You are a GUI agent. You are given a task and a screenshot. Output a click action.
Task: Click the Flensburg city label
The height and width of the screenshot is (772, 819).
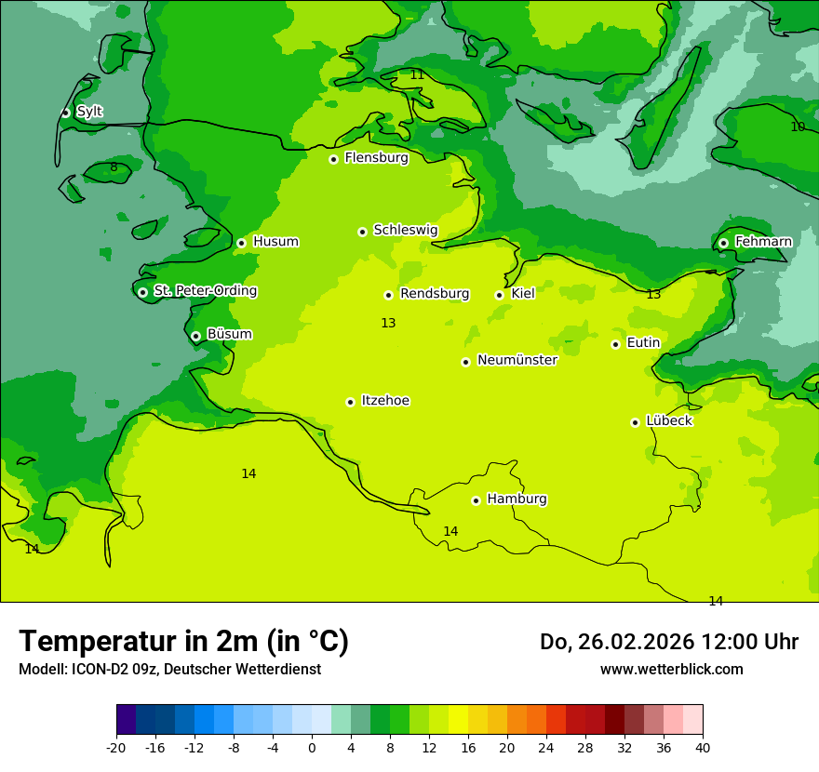coord(376,158)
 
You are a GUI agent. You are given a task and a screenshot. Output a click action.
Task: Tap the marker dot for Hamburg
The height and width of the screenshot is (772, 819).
coord(476,500)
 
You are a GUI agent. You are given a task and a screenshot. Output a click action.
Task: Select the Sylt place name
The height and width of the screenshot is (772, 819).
coord(89,112)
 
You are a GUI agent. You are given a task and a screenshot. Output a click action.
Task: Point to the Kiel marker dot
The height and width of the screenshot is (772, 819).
coord(499,295)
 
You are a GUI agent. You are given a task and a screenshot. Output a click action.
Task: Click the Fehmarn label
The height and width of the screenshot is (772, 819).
coord(763,242)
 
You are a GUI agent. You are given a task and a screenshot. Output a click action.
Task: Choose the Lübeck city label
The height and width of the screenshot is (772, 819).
coord(668,420)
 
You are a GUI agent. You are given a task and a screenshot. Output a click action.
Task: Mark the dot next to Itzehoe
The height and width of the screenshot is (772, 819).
coord(350,402)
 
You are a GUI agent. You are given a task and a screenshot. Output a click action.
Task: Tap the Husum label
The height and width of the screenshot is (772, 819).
coord(275,242)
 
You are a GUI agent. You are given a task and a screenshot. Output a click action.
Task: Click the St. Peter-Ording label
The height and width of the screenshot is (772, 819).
coord(205,291)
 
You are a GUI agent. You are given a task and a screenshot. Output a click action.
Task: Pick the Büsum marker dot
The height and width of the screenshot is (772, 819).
coord(195,336)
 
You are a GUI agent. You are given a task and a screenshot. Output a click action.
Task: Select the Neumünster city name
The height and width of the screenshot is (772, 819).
coord(517,360)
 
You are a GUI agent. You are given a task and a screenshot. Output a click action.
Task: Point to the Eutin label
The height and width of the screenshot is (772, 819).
coord(643,343)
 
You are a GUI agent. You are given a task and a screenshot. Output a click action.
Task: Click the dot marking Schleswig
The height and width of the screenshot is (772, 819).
coord(362,232)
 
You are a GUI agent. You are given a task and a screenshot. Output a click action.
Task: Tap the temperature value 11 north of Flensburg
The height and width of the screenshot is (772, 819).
coord(417,74)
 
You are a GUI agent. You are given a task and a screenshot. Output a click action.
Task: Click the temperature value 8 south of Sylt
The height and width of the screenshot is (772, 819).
coord(114,167)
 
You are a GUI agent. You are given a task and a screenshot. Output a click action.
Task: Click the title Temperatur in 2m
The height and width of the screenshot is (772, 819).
coord(183,641)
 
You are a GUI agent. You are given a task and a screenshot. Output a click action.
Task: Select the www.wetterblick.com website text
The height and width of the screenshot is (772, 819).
coord(671,669)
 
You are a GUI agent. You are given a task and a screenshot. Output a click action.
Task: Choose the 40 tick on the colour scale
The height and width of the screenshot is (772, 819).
coord(702,747)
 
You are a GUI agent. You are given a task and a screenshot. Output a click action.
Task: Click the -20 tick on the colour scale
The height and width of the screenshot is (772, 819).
coord(116,747)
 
